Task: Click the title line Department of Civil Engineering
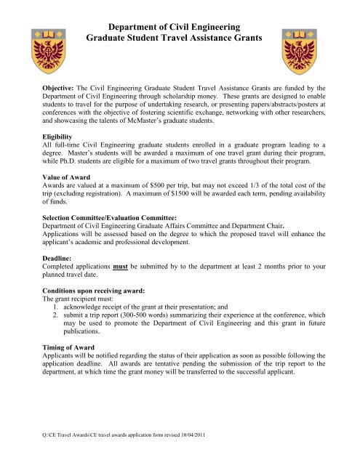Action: click(179, 23)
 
